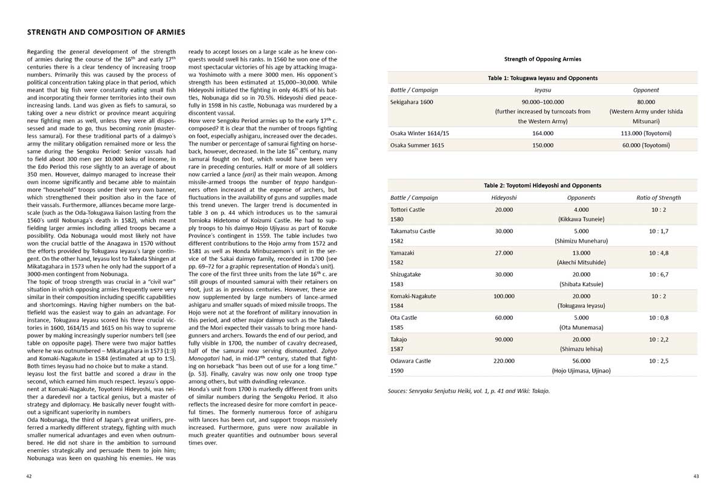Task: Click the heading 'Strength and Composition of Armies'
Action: click(106, 32)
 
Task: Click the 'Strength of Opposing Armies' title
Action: click(543, 59)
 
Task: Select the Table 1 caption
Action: click(543, 78)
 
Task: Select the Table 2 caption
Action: click(543, 185)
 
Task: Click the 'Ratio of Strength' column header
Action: click(658, 197)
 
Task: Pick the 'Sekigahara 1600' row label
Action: click(412, 102)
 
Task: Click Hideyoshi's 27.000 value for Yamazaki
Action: click(504, 252)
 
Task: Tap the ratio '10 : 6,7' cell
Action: click(659, 274)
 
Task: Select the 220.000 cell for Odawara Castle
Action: click(504, 361)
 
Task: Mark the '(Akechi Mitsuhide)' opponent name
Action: click(581, 263)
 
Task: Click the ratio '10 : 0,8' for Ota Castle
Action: click(659, 318)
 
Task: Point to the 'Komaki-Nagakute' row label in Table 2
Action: click(413, 296)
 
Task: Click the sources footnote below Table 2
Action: click(469, 391)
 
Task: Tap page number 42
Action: click(29, 476)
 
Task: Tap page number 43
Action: click(696, 476)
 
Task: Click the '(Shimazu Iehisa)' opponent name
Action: click(581, 350)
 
